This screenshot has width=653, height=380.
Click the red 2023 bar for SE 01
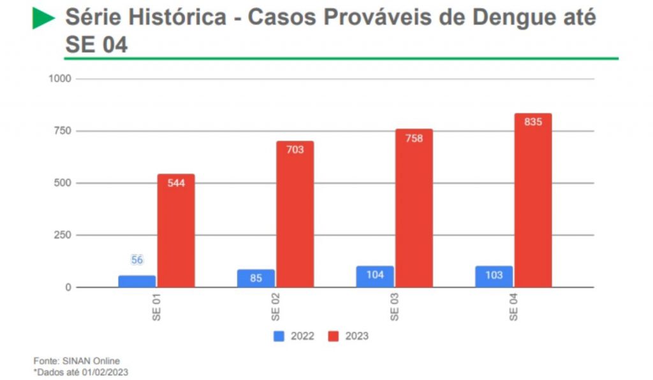coord(176,230)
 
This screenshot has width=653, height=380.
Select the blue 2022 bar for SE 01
coord(136,281)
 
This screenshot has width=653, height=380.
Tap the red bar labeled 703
coord(295,214)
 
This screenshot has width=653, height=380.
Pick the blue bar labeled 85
coord(256,278)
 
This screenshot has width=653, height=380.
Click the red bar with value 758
coord(414,208)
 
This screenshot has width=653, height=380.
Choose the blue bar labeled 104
coord(374,276)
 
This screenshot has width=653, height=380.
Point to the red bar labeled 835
coord(533,201)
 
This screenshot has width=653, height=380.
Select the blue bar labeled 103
coord(494,276)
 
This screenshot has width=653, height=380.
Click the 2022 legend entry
coord(295,336)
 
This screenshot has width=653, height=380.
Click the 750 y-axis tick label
coord(63,131)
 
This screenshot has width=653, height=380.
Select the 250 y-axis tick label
coord(63,236)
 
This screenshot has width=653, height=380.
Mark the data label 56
coord(137,260)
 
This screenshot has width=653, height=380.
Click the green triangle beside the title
coord(43,18)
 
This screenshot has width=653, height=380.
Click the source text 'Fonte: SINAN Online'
coord(76,361)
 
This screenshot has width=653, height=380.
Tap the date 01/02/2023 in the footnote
coord(104,372)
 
